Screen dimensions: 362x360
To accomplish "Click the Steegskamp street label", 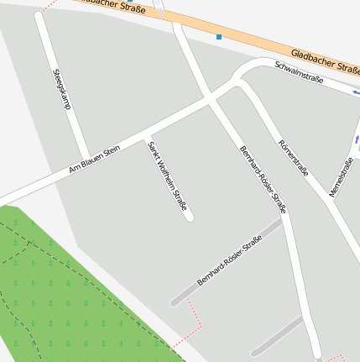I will point(61,90).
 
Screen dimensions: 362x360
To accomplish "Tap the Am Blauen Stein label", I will point(95,160).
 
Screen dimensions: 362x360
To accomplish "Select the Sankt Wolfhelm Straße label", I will point(166,176).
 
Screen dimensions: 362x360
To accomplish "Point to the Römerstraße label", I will point(294,158).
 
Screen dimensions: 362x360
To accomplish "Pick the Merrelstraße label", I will point(340,178).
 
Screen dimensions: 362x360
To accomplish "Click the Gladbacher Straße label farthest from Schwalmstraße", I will point(117,6).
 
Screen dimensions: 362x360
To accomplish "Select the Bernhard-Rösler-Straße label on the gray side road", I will point(229,262).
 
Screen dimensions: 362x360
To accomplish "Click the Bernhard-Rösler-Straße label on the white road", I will point(263,178).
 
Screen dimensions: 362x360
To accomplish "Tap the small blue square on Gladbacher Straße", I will point(219,37).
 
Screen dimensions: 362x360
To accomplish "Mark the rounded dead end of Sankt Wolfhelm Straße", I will point(190,218).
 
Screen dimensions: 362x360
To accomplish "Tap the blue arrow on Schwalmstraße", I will point(356,92).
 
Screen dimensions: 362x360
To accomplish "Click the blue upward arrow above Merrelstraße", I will point(357,139).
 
